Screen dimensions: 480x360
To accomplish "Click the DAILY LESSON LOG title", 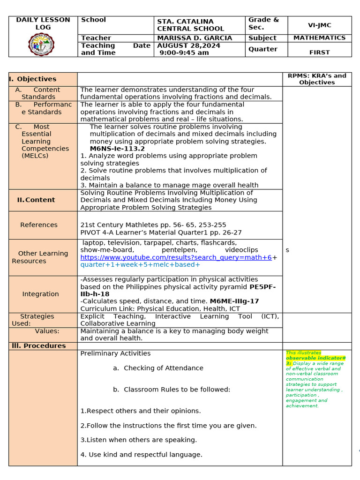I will coord(43,23).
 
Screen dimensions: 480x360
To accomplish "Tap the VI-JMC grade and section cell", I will coord(319,26).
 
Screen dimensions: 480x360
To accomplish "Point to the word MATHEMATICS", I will coord(319,38).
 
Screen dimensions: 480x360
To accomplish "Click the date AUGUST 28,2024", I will coord(188,45).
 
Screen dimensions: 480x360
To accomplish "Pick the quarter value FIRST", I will coord(319,52).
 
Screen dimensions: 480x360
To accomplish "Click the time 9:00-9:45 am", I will coord(184,53).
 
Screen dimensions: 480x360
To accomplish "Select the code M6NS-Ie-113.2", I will coord(117,149).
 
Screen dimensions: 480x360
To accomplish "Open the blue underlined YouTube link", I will coord(176,257).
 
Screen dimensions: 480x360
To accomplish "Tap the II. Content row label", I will coord(36,200).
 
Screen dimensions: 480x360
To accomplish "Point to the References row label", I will coord(39,225).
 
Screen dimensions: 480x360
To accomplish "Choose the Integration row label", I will coord(41,294).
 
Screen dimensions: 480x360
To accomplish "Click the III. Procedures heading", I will coord(39,346).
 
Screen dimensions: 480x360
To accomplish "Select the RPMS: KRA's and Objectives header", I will coord(317,79).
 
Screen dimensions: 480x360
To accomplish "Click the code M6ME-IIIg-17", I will coord(234,301).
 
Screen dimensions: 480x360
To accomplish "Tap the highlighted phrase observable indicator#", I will coord(315,358).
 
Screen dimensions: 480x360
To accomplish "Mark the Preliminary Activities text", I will coord(115,353).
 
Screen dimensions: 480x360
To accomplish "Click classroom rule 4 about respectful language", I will coord(141,455).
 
